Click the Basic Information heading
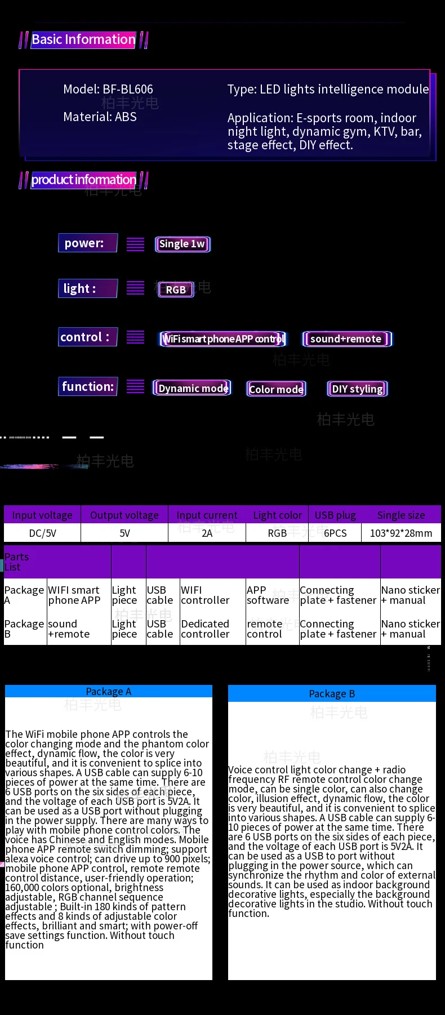(83, 39)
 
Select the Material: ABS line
(100, 117)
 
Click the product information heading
(83, 180)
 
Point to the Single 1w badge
(182, 244)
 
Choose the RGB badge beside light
(176, 290)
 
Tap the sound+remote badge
(346, 339)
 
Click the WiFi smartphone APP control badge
(223, 339)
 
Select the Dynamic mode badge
(193, 388)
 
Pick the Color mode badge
(276, 389)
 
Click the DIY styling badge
(357, 389)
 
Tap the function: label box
(88, 386)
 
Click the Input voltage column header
(42, 515)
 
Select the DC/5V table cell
(42, 533)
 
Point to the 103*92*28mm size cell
(401, 533)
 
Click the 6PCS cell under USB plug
(335, 533)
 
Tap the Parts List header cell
(17, 562)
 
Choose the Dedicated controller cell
(205, 629)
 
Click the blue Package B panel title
(332, 693)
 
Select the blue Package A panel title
(109, 691)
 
